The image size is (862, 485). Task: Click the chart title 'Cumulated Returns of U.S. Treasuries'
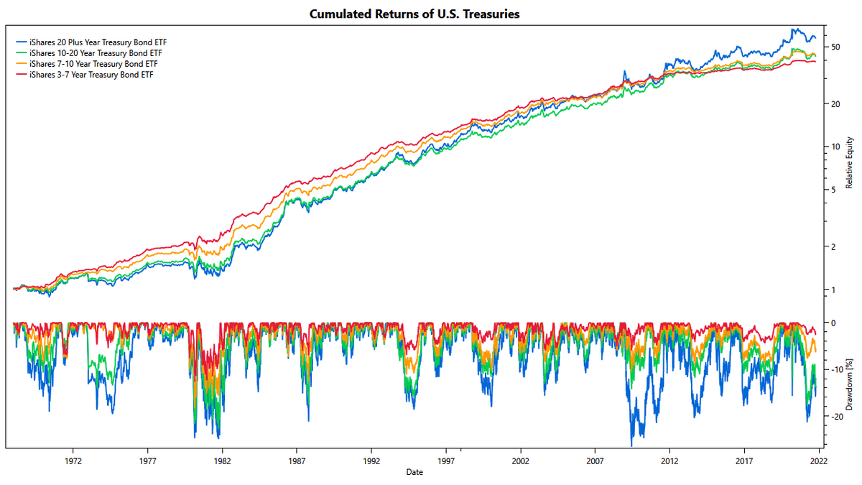point(414,14)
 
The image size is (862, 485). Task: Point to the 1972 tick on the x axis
point(73,463)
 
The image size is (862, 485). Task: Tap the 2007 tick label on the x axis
point(595,463)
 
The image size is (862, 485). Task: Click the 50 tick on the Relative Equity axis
point(835,47)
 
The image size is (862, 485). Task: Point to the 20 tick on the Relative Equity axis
point(835,103)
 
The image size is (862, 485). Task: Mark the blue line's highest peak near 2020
point(794,29)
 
